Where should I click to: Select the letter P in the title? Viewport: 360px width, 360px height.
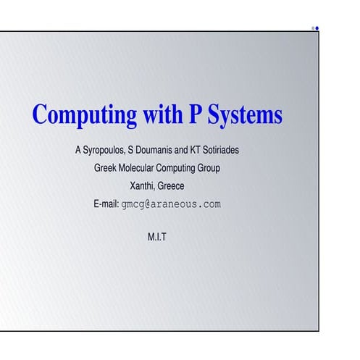tap(194, 116)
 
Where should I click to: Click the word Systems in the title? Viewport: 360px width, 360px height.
tap(243, 116)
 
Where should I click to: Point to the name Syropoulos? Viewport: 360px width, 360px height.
tap(98, 152)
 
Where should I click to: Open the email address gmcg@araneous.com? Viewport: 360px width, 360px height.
tap(171, 204)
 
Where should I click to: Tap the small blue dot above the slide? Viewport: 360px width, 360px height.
tap(317, 28)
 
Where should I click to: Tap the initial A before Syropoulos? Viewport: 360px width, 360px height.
tap(69, 152)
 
